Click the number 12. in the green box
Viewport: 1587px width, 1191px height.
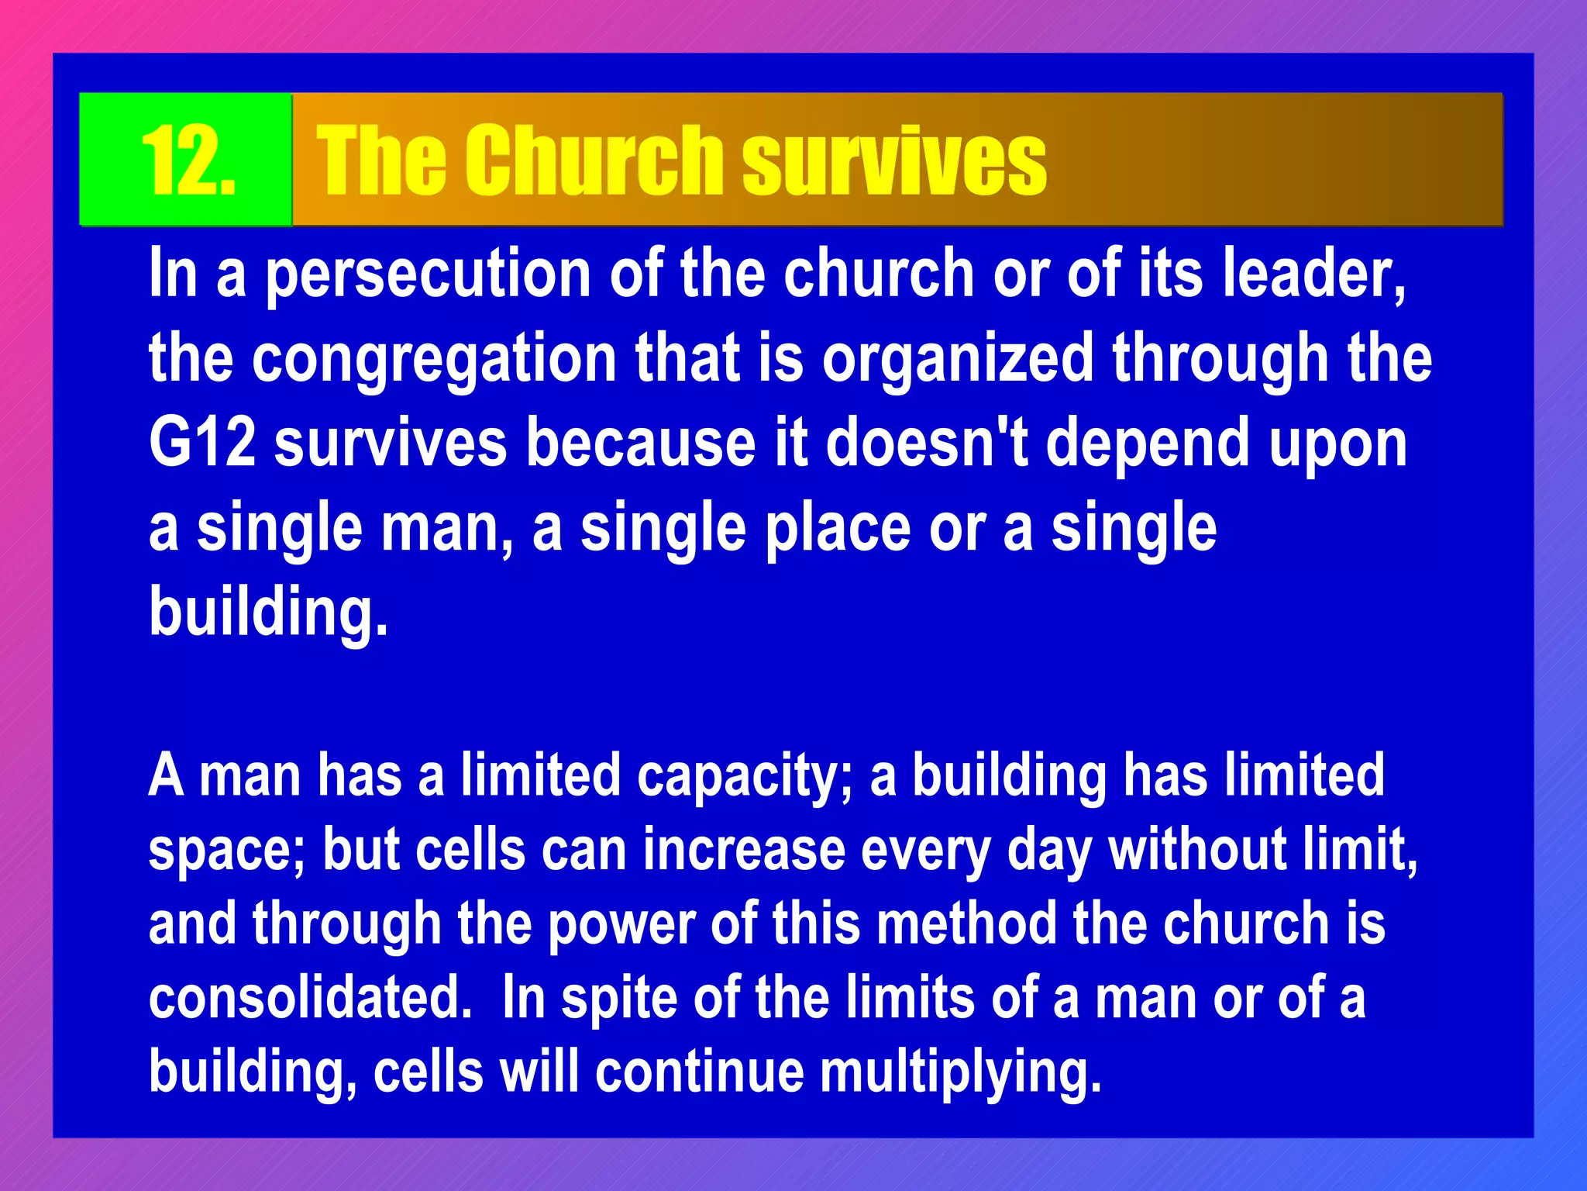tap(188, 161)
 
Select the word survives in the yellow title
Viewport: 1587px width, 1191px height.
tap(893, 161)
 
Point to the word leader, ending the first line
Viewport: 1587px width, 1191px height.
tap(1313, 273)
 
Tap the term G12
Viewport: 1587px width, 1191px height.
tap(202, 443)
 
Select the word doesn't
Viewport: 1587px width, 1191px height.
tap(926, 443)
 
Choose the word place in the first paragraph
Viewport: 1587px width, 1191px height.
tap(838, 529)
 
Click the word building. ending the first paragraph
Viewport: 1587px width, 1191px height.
tap(268, 613)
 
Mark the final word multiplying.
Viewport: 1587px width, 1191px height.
tap(960, 1074)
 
